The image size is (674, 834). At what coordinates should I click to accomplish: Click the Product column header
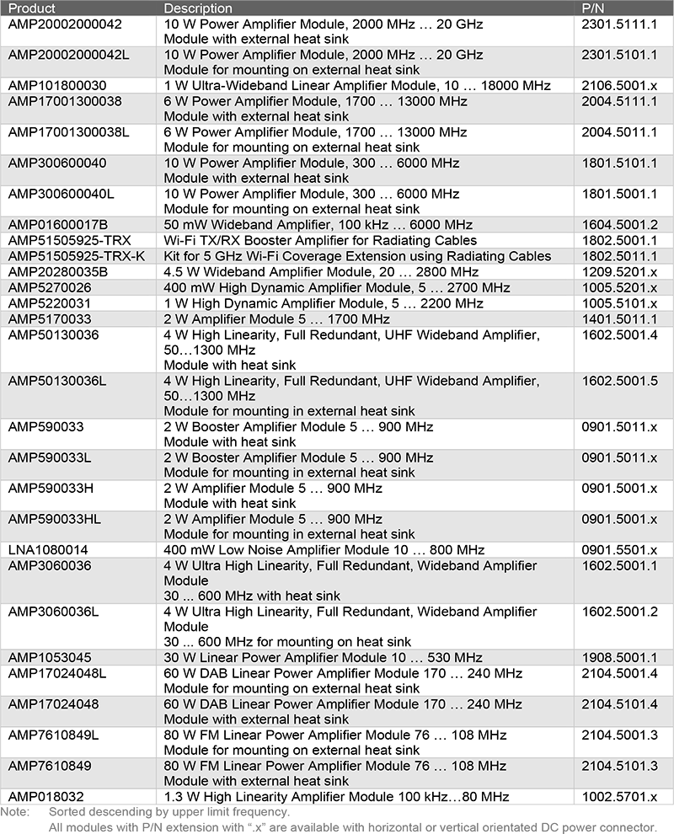(32, 8)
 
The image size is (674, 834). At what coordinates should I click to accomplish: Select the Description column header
(198, 8)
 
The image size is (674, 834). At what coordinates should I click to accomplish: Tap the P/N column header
(594, 8)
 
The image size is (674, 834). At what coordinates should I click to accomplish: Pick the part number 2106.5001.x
(619, 86)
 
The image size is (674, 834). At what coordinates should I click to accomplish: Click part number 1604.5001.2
(619, 225)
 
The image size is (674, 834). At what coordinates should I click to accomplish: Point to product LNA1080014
(48, 550)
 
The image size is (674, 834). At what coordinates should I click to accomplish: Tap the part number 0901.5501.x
(619, 550)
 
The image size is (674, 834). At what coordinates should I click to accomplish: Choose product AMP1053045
(50, 658)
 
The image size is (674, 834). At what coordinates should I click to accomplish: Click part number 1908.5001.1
(619, 658)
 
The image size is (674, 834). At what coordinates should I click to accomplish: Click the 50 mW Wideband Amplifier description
(319, 225)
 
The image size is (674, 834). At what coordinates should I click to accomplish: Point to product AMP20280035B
(58, 271)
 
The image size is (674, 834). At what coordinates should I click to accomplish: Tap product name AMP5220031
(50, 302)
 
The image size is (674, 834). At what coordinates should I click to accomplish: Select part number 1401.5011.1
(619, 318)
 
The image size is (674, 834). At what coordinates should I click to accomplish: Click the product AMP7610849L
(54, 735)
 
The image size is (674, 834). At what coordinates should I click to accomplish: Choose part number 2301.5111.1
(619, 24)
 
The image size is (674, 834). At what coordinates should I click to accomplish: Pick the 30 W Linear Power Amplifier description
(323, 658)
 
